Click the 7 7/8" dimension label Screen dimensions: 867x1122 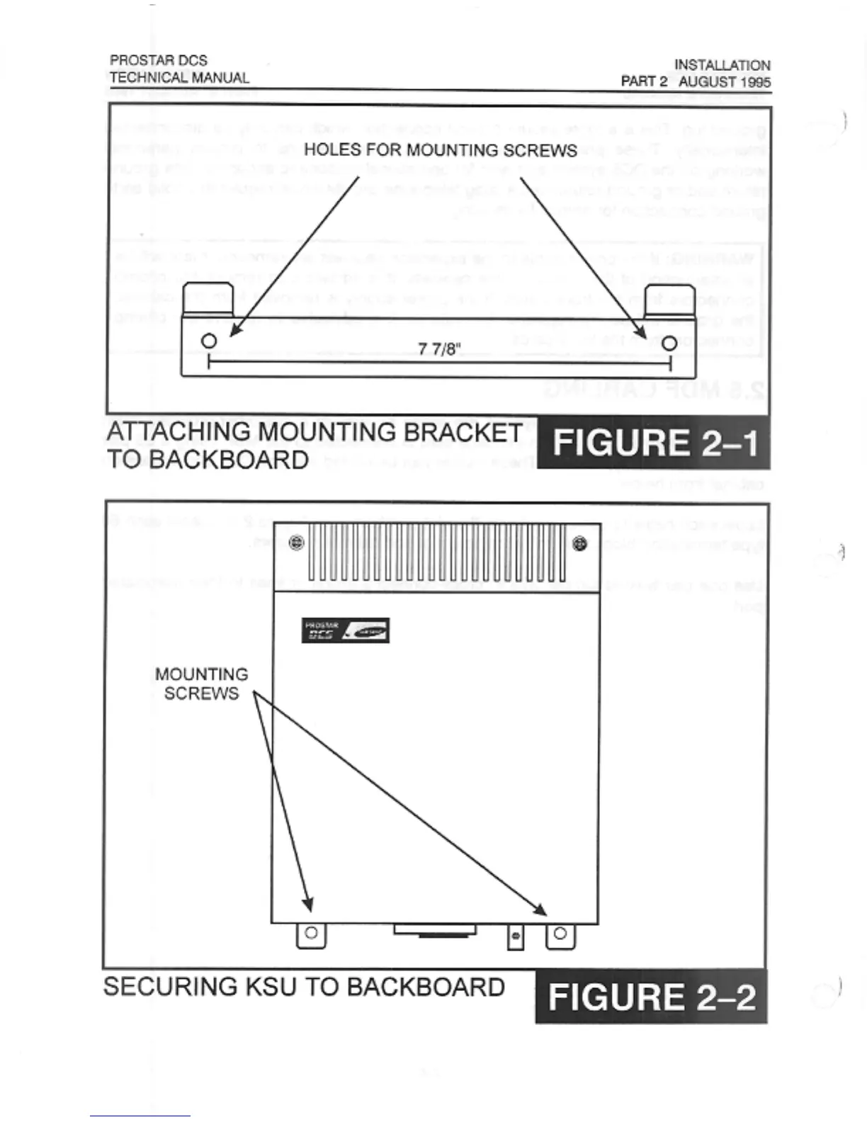point(439,349)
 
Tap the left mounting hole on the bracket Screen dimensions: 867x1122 point(209,341)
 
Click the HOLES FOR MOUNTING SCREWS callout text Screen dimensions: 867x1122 point(440,150)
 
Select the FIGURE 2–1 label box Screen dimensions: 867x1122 point(653,443)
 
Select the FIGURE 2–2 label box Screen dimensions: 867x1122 point(651,997)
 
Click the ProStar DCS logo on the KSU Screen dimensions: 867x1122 point(346,630)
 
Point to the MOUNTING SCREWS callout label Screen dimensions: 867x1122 point(202,684)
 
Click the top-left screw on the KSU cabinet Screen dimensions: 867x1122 point(297,543)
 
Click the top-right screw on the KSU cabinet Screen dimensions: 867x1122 point(580,544)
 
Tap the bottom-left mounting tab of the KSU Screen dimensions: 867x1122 point(311,934)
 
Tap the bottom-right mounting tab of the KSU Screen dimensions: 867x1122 point(560,934)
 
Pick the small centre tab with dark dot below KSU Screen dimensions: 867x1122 point(516,936)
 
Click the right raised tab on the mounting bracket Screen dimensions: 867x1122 point(669,300)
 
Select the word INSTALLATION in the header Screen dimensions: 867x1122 point(722,65)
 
